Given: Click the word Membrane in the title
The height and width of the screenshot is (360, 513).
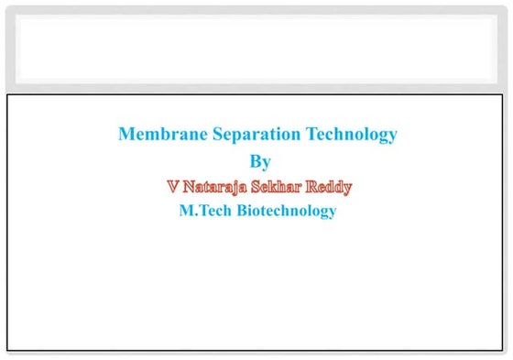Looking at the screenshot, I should coord(155,135).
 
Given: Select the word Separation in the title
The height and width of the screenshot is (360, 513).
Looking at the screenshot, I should coord(249,135).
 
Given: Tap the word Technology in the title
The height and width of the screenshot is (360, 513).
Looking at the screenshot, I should coord(352,135).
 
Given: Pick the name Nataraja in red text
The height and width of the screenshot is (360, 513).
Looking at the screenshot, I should coord(216,187).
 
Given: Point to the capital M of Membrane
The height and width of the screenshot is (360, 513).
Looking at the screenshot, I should coord(126,135).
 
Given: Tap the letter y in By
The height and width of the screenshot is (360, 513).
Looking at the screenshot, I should coord(267,164).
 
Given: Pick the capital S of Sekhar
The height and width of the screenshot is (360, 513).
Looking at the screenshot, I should coord(261,187).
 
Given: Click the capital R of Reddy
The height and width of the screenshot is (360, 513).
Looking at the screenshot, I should coord(312,187).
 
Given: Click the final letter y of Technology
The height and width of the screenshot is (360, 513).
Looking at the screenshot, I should coord(393,137).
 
